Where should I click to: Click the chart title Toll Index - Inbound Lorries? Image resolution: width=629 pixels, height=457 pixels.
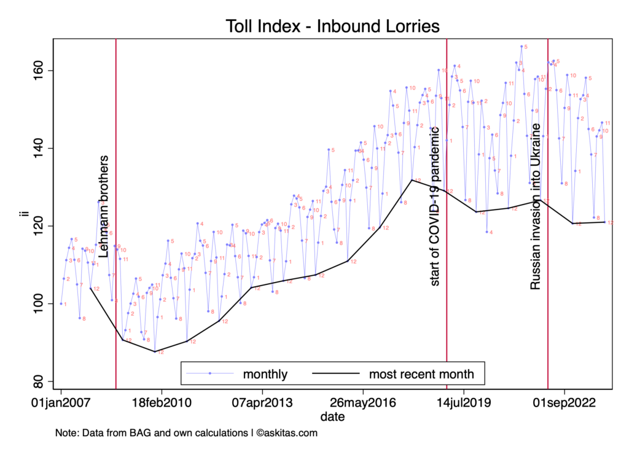[x=332, y=26]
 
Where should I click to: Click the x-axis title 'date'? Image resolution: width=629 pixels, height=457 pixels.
[x=332, y=416]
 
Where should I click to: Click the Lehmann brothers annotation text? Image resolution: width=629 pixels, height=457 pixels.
[x=104, y=206]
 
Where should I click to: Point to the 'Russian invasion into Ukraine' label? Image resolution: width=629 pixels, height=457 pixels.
[x=536, y=206]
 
